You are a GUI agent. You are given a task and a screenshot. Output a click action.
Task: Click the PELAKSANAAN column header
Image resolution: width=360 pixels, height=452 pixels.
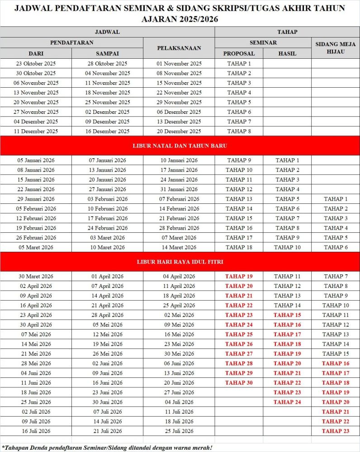click(x=179, y=47)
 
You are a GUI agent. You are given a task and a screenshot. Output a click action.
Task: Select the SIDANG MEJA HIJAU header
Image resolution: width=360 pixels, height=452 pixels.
click(x=336, y=47)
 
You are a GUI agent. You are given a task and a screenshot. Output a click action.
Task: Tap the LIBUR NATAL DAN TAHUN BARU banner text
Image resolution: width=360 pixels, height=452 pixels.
click(x=180, y=146)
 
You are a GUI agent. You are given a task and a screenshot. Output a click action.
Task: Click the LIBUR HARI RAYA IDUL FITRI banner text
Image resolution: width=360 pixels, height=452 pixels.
click(x=180, y=262)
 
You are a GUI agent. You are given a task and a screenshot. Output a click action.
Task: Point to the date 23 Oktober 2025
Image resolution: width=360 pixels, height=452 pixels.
click(x=36, y=64)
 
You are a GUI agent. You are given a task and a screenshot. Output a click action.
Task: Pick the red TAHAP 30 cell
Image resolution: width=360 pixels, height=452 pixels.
click(x=239, y=383)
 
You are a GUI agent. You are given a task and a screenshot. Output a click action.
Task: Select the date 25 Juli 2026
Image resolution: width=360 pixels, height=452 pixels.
click(x=179, y=431)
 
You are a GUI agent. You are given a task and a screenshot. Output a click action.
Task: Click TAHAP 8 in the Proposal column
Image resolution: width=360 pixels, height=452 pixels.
click(x=239, y=132)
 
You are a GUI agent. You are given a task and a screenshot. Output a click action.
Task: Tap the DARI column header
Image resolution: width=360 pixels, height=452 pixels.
click(x=36, y=53)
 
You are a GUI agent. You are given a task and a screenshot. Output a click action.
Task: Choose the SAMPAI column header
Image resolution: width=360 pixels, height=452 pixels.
click(x=107, y=53)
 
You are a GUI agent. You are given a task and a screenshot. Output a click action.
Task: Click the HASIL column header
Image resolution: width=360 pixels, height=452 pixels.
click(x=287, y=53)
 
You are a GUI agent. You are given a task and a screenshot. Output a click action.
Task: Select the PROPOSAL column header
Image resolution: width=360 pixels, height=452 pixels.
click(x=239, y=53)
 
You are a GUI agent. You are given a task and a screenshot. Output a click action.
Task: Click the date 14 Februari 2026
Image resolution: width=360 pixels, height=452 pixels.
click(x=179, y=209)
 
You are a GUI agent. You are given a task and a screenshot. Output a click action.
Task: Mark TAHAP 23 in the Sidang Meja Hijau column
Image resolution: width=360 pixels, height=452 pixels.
click(x=336, y=431)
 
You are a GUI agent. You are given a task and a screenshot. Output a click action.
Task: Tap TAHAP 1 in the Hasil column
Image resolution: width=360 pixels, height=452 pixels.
click(x=287, y=160)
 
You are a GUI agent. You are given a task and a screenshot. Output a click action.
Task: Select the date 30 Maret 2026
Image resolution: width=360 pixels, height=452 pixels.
click(x=36, y=277)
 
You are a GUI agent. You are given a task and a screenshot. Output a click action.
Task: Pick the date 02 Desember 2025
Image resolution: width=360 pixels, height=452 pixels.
click(x=107, y=112)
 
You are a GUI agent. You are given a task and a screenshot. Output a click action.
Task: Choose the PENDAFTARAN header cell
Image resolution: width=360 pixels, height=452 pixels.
click(x=71, y=42)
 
